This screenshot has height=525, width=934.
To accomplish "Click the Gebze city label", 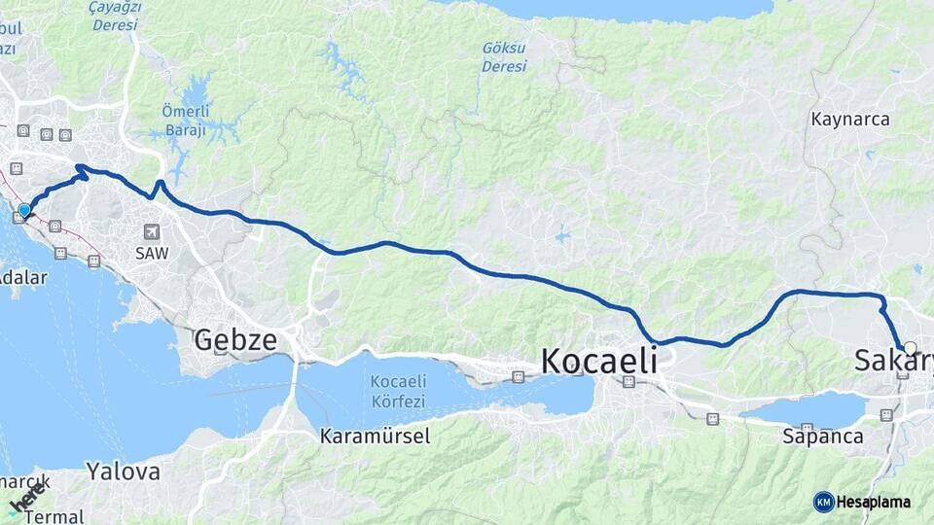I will coord(235,340).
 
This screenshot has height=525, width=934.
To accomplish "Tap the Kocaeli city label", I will coord(598,362).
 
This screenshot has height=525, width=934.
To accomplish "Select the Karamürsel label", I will coord(375,437).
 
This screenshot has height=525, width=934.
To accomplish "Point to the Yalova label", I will coord(123,472).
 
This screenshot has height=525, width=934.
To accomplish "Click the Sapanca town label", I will coord(823,437).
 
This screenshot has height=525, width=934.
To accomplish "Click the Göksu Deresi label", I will coord(504,57).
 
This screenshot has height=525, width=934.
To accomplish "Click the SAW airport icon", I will coord(151,231).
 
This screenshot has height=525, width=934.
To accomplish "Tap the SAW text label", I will coord(152,253).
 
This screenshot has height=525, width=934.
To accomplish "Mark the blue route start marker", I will coord(24,209).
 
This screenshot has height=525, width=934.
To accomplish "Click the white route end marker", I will coord(910,347).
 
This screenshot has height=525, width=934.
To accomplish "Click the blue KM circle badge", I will coord(824,502).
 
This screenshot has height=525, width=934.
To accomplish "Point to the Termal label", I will coord(54,516).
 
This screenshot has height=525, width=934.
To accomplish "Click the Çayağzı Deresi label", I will coord(115,16).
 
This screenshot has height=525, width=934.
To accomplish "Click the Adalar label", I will coord(22,277).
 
